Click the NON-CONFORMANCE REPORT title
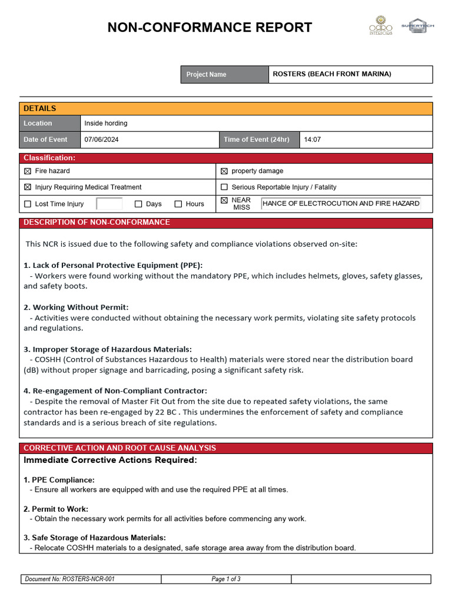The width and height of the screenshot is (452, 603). (x=210, y=27)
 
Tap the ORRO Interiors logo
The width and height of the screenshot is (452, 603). (x=380, y=26)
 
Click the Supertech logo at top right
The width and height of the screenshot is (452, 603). (x=417, y=26)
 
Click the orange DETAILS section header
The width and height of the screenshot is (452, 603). (x=226, y=108)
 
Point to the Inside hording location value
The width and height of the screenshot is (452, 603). (x=106, y=123)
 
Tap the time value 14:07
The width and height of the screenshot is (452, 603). (x=312, y=140)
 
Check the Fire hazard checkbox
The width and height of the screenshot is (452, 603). (x=28, y=171)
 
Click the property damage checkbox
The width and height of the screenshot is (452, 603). (x=224, y=171)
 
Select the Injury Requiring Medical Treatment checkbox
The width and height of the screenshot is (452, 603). (x=28, y=187)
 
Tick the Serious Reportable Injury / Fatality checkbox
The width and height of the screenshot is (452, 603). (x=224, y=187)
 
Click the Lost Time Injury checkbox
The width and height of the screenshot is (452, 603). (x=28, y=204)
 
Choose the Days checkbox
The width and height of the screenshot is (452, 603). (x=138, y=204)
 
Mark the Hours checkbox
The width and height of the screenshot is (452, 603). (x=178, y=204)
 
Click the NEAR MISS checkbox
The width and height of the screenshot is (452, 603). (x=224, y=200)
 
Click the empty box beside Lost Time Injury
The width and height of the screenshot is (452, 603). (x=109, y=204)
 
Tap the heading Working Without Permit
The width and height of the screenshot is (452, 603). (x=76, y=307)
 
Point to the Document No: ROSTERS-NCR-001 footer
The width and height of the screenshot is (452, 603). (x=70, y=579)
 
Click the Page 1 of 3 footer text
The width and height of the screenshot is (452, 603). (x=226, y=579)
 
